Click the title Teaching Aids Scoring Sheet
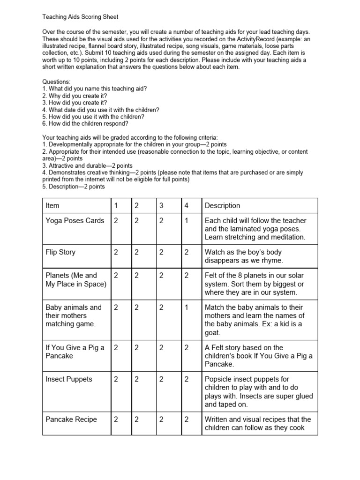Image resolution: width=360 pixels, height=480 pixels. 81,17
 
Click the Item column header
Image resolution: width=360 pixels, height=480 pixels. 52,205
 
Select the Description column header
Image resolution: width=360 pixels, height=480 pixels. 222,205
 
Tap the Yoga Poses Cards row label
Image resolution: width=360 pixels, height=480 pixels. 75,221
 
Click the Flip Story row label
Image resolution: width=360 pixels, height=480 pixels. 60,252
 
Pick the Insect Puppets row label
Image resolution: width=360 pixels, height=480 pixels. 69,379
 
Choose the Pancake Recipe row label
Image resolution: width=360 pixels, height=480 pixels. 71,420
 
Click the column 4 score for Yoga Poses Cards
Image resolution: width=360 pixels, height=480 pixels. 187,221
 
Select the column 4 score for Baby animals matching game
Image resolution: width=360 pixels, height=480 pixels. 187,307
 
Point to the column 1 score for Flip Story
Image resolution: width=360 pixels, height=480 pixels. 115,252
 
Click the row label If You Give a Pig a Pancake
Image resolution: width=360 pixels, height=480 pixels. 75,352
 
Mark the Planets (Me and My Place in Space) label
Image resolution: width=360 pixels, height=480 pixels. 75,280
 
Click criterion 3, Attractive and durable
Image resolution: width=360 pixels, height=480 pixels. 87,165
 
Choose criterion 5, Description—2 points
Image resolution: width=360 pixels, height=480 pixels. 74,187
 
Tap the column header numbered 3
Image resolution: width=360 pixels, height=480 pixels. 161,205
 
